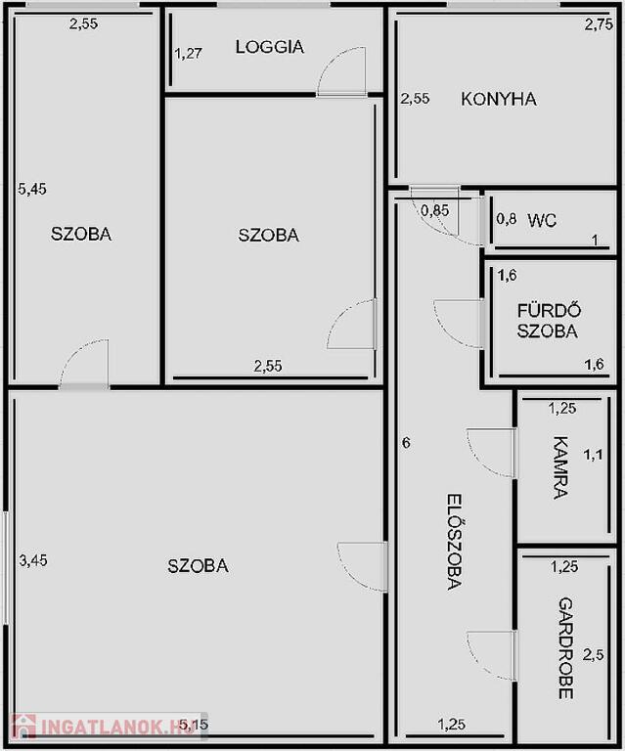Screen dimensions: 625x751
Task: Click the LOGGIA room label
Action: point(270,47)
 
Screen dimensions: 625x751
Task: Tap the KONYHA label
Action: point(499,99)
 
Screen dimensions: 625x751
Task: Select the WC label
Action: point(542,220)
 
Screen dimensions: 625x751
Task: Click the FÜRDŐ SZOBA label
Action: point(549,321)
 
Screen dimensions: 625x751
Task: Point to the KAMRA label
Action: point(560,467)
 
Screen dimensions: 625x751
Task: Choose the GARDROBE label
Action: point(566,648)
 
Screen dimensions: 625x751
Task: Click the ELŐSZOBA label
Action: point(454,542)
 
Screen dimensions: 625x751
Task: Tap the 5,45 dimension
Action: point(32,189)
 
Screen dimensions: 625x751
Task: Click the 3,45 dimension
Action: point(33,560)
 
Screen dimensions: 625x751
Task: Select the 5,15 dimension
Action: point(194,725)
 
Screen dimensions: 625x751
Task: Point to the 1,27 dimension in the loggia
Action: point(188,53)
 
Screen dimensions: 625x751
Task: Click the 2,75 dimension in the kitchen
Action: point(599,24)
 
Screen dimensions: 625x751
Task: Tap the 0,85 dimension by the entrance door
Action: point(435,210)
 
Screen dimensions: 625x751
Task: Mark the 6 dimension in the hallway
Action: point(406,443)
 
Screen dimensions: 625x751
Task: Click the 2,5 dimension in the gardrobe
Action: point(593,655)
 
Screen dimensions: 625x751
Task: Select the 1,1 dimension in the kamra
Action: point(593,455)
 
